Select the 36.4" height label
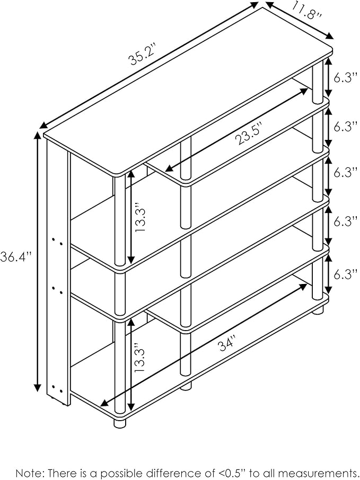tap(16, 256)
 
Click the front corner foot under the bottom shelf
tap(120, 423)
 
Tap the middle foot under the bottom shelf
tap(186, 386)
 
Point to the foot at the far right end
tap(318, 310)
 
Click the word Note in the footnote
tap(28, 473)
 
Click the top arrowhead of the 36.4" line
tap(38, 135)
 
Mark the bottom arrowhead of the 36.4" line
tap(38, 388)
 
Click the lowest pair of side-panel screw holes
tap(57, 389)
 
